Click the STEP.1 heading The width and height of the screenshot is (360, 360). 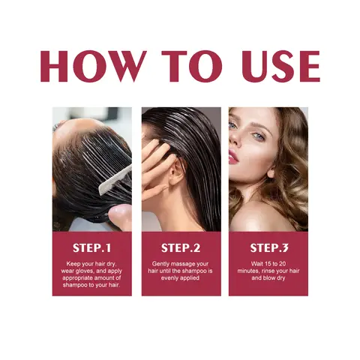pos(91,247)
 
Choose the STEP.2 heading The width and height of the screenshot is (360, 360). pos(180,247)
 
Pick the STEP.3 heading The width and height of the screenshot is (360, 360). pos(268,247)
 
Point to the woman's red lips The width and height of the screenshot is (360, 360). pos(234,156)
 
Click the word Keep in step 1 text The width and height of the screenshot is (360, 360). pos(75,263)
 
